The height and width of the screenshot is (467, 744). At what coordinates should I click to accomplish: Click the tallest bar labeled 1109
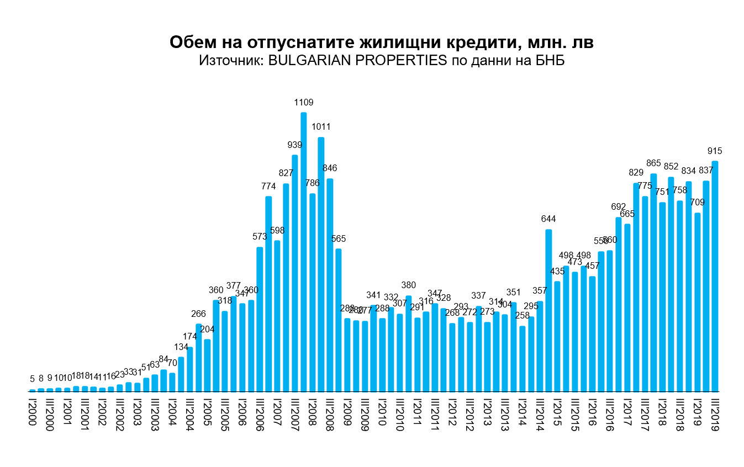303,252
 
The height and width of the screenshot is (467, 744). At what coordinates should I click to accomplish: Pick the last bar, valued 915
715,276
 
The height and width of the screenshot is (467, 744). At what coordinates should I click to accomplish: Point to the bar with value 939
295,273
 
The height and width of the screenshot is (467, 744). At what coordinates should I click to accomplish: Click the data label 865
653,163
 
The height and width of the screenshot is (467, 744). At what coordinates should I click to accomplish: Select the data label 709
697,202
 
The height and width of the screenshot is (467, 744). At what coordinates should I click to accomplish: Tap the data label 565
339,238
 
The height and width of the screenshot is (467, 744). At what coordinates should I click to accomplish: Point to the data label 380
408,285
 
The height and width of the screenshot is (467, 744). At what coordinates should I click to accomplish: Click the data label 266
199,314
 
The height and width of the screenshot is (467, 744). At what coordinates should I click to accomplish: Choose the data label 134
181,347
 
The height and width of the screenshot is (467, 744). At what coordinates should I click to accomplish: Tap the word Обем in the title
190,43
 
